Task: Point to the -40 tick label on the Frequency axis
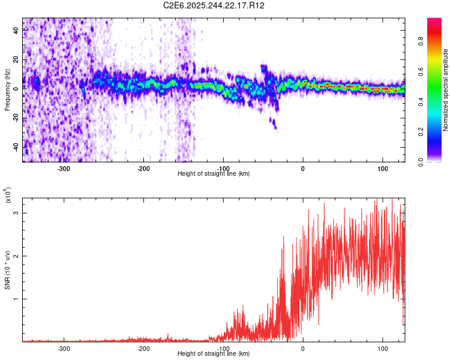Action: tap(16, 146)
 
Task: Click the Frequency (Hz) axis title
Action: tap(7, 91)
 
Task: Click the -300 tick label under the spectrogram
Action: tap(64, 168)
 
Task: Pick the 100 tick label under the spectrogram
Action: tap(383, 168)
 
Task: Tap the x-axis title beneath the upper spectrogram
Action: tap(214, 174)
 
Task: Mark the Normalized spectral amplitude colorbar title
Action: tap(446, 91)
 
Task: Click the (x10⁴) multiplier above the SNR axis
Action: tap(7, 196)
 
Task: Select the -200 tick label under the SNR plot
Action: tap(143, 348)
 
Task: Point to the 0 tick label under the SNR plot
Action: tap(303, 348)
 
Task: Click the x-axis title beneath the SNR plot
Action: tap(214, 354)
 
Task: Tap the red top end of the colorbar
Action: tap(434, 20)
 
